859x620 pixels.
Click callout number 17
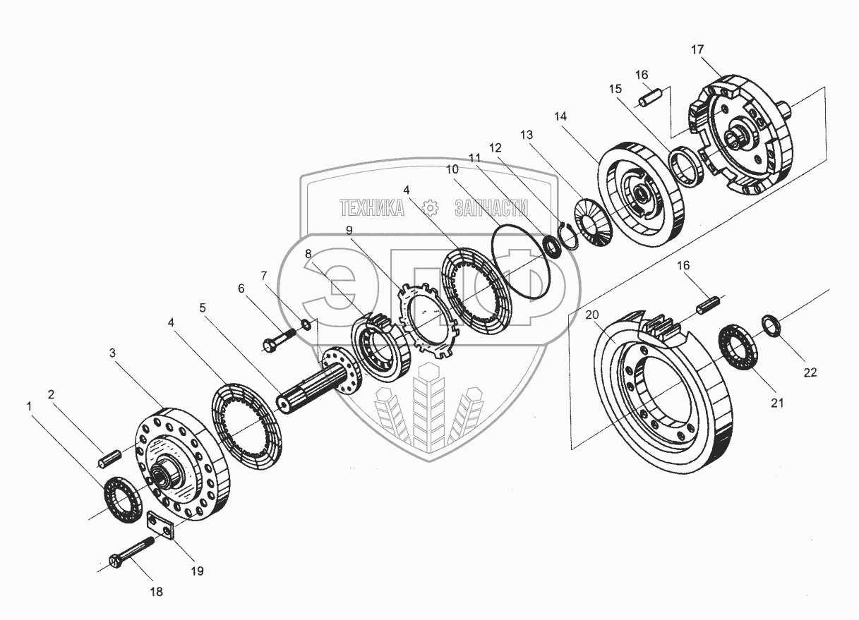pos(697,49)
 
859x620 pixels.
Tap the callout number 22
pos(810,372)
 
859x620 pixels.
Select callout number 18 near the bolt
pos(157,592)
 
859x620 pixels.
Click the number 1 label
pos(29,406)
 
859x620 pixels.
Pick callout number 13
pos(527,134)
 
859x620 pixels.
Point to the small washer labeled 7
pos(306,324)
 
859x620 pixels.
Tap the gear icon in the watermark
pos(429,207)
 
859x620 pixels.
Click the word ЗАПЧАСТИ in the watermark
pos(491,208)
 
